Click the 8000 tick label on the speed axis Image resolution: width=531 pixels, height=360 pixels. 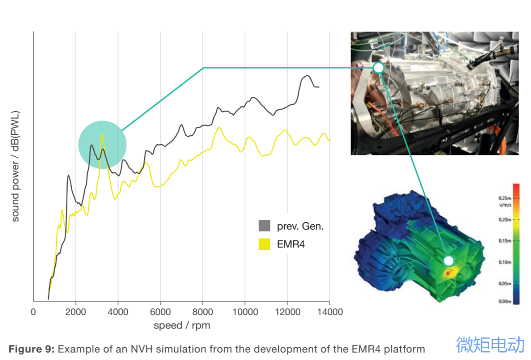pos(202,312)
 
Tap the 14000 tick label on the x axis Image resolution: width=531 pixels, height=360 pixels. pos(329,312)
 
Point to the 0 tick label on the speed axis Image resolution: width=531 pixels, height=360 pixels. pos(33,312)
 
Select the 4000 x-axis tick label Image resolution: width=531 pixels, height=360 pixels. pos(118,312)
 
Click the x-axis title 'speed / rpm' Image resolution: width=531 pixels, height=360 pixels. pos(181,325)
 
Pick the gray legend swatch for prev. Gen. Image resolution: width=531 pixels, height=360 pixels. pos(265,226)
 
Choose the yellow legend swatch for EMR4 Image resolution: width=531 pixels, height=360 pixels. pos(265,243)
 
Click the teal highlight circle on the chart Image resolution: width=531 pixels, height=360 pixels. pos(102,145)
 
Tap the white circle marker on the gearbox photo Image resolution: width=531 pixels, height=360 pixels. pos(378,67)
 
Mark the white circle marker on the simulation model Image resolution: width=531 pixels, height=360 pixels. pos(448,261)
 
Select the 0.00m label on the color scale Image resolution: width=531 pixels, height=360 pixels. pos(505,301)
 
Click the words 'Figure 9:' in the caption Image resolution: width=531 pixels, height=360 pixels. pos(31,349)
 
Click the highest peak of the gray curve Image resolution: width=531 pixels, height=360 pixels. pos(307,76)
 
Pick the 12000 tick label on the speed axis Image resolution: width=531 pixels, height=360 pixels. pos(287,312)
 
